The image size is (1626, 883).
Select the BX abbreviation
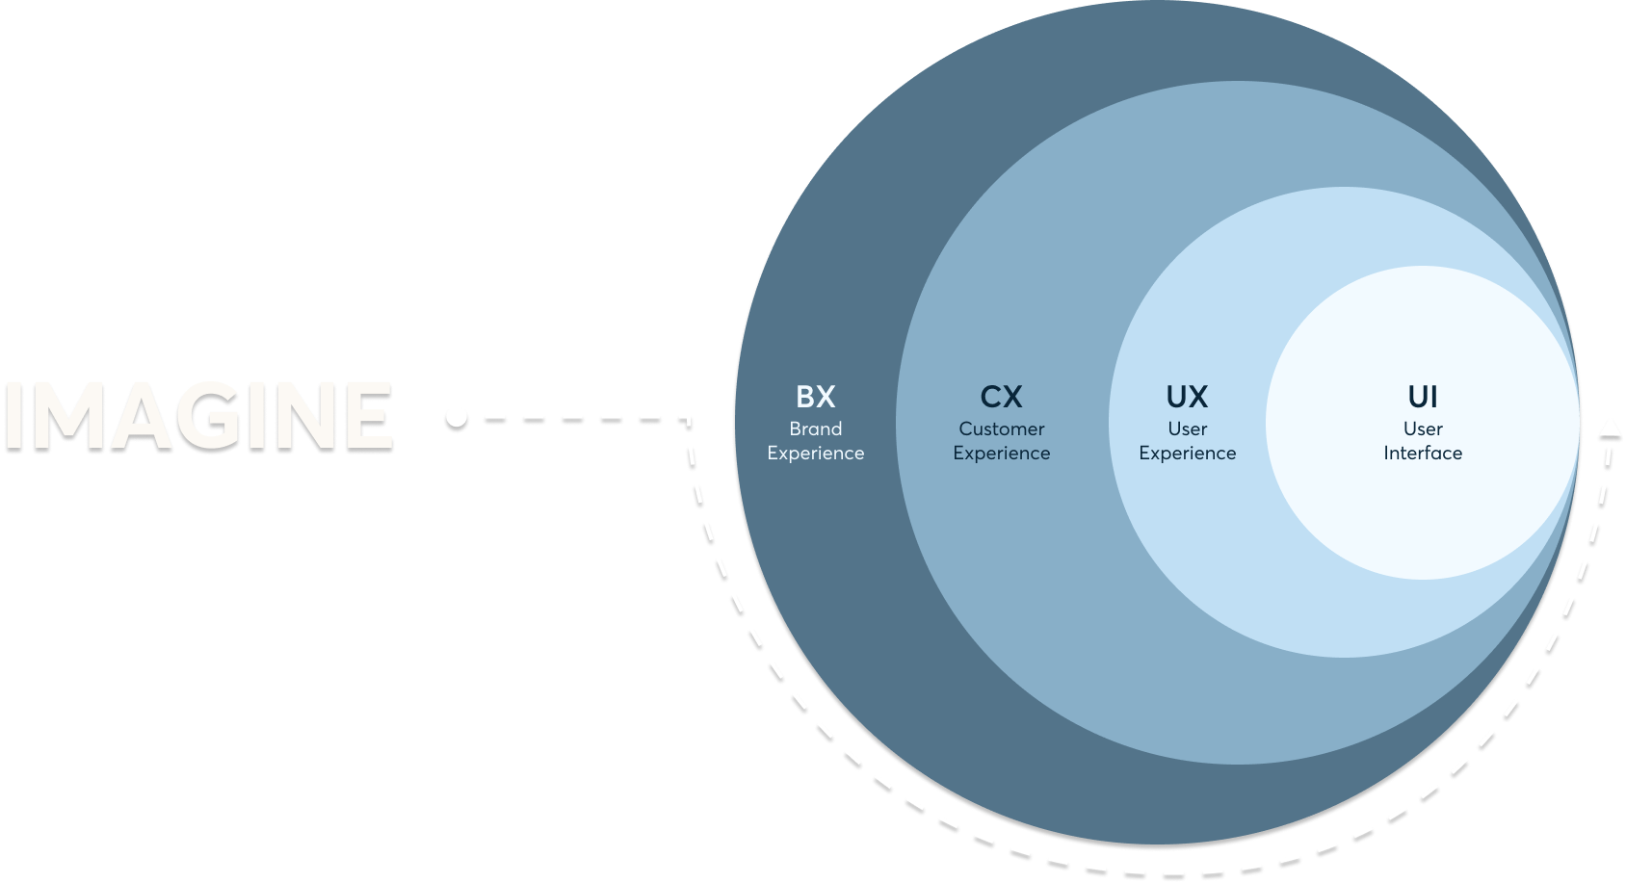point(815,397)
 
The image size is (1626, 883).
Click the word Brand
point(815,429)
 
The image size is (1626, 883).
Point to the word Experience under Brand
point(815,454)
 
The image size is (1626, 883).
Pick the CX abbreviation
point(1001,397)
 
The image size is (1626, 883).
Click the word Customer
point(1001,429)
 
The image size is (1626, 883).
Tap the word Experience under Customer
point(1001,454)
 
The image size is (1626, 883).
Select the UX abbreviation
point(1187,397)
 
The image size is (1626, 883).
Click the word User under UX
point(1187,429)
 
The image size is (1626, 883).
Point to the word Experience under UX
point(1187,454)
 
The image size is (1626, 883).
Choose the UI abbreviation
point(1423,397)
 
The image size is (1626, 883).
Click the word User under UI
point(1423,429)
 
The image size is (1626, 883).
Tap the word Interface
point(1423,454)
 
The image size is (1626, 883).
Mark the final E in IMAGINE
point(369,415)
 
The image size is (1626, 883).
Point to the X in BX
point(826,397)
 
